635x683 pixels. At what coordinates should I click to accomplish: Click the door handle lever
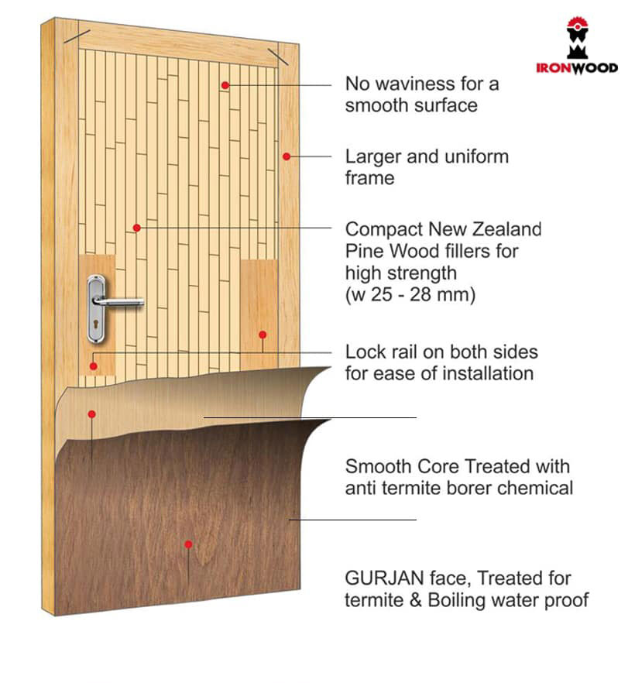[118, 301]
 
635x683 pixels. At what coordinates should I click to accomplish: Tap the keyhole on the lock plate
[95, 324]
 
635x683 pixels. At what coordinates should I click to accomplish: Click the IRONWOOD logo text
[577, 68]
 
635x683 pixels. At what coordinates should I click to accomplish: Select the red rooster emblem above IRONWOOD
[578, 38]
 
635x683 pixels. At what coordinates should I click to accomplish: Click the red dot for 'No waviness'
[225, 85]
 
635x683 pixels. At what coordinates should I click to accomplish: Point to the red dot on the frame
[287, 156]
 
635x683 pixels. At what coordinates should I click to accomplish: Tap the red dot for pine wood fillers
[137, 228]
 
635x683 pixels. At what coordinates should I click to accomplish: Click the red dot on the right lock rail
[263, 335]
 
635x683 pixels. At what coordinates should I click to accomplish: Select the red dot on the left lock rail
[93, 366]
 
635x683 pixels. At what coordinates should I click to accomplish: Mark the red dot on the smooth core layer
[91, 414]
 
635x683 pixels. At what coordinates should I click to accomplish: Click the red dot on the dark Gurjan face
[188, 544]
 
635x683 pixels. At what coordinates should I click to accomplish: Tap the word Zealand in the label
[507, 229]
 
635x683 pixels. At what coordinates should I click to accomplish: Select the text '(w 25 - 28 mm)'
[410, 295]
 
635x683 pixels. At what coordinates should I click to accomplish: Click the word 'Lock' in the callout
[364, 352]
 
